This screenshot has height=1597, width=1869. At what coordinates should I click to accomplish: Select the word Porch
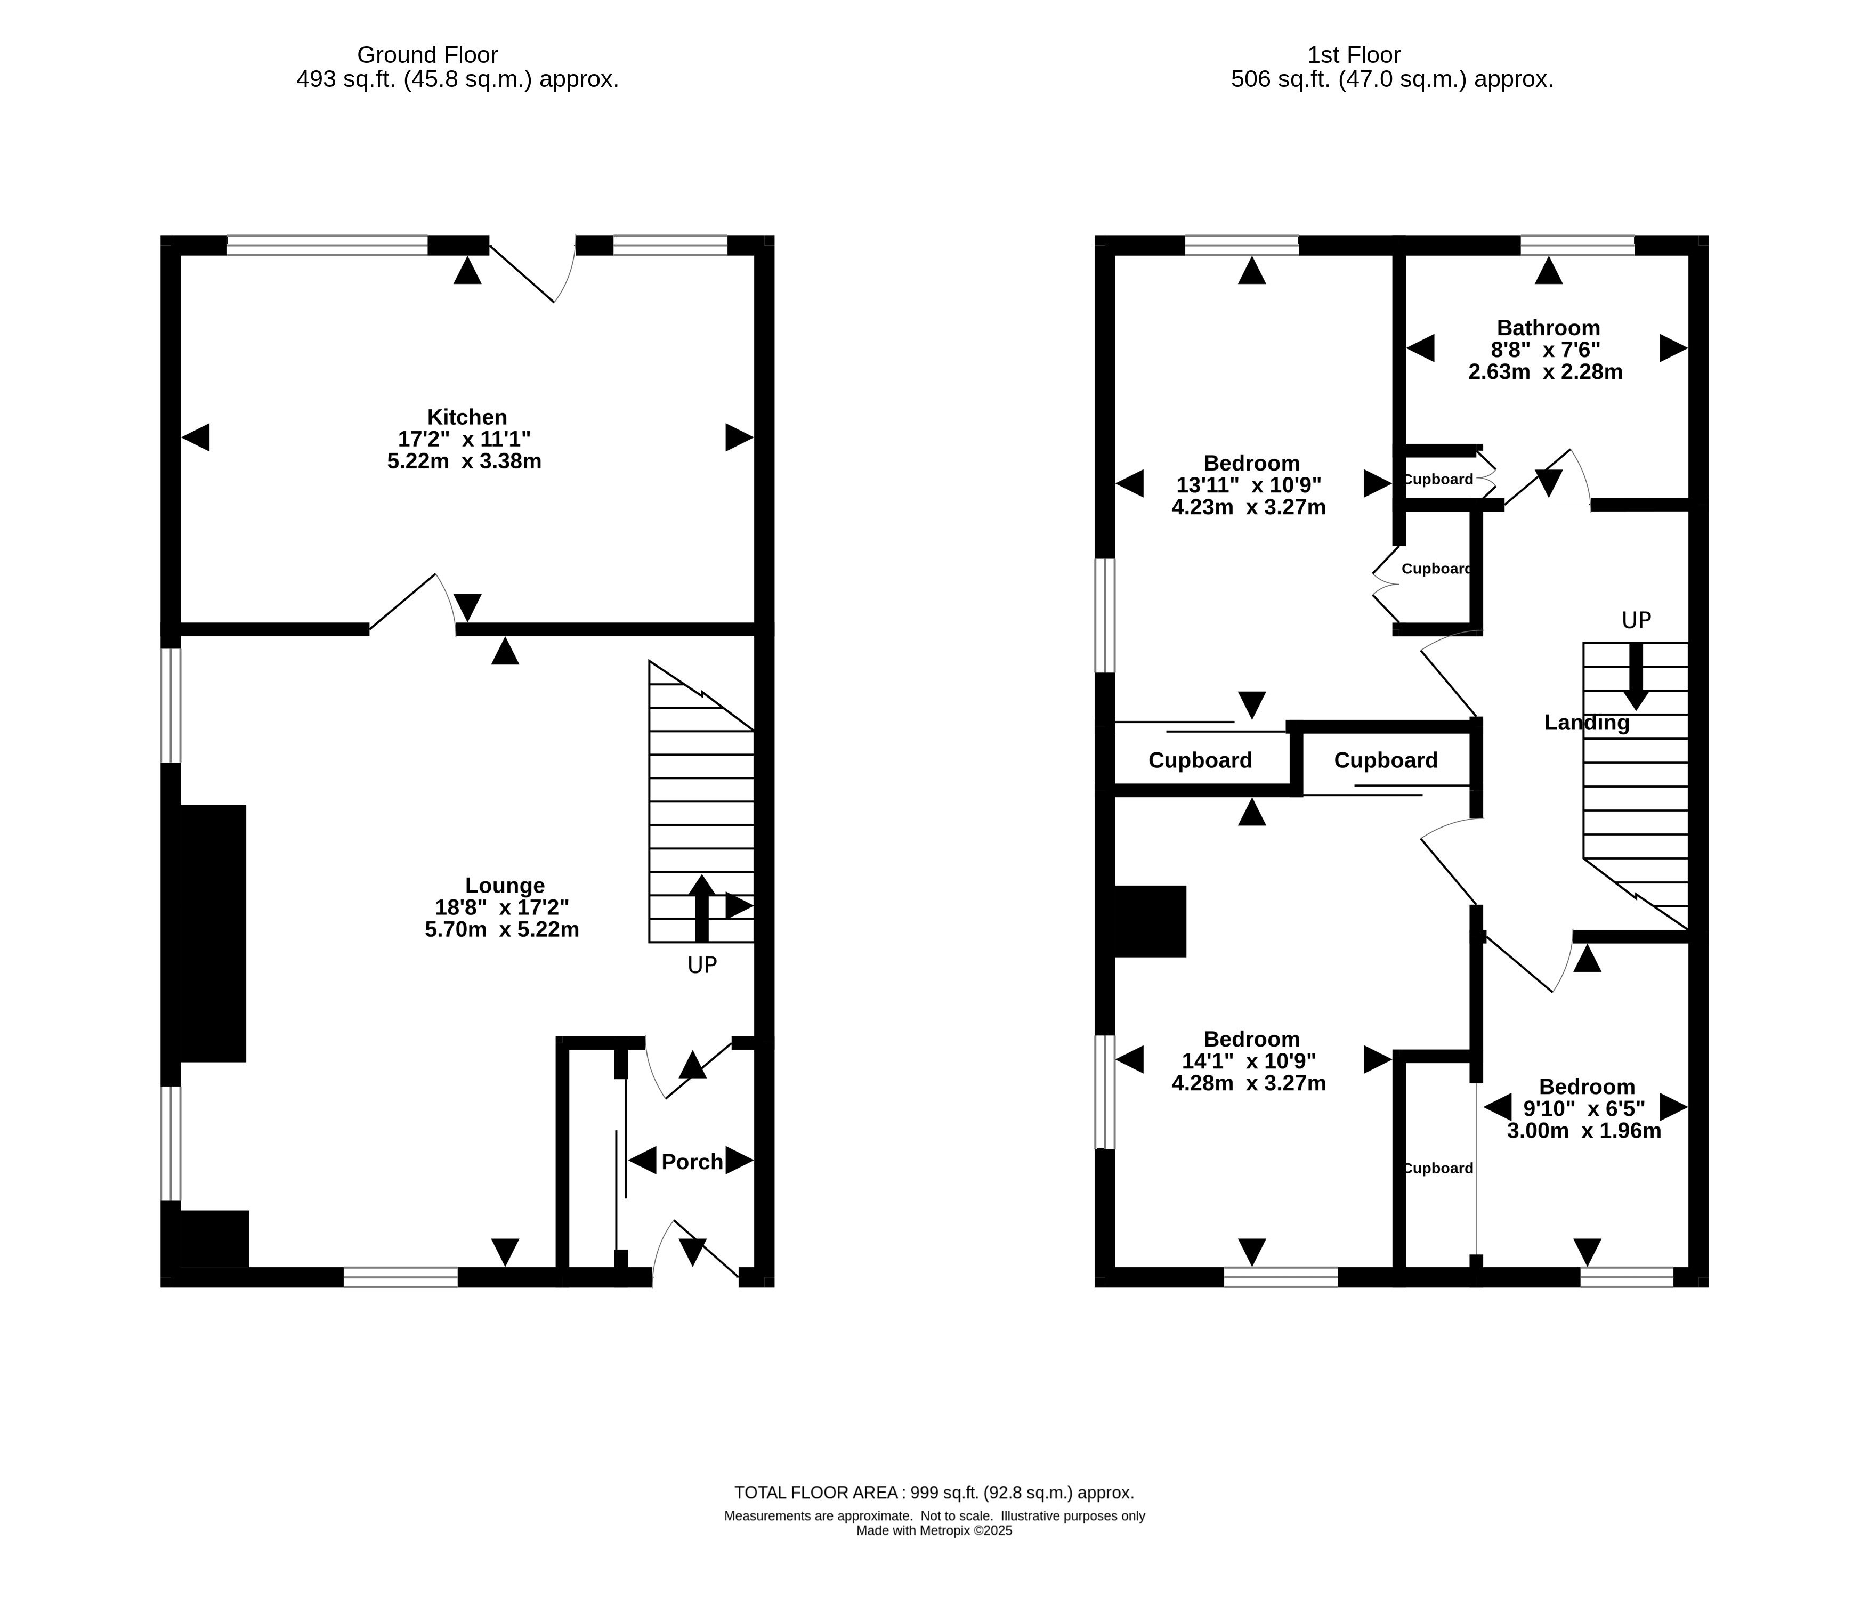(x=692, y=1162)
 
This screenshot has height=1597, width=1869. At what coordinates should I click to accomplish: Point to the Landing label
(x=1587, y=723)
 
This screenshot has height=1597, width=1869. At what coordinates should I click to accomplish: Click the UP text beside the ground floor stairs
(x=702, y=966)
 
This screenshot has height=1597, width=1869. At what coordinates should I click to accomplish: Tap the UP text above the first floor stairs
(x=1636, y=620)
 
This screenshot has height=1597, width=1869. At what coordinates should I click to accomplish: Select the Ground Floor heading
(x=427, y=55)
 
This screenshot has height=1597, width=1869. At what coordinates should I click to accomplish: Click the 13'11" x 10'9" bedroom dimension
(x=1249, y=485)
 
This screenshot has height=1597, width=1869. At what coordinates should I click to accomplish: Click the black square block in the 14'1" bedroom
(x=1151, y=921)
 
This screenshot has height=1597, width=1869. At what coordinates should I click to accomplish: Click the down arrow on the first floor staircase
(x=1636, y=676)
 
